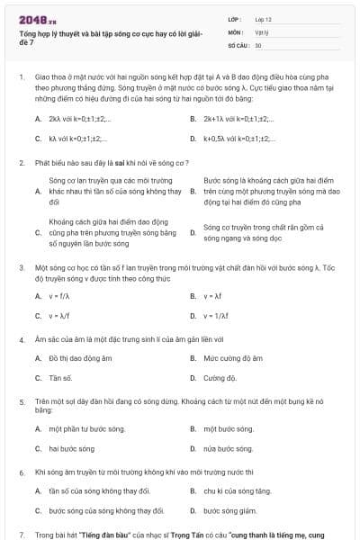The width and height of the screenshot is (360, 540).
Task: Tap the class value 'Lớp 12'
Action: [263, 19]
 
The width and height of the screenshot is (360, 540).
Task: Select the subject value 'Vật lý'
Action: [262, 31]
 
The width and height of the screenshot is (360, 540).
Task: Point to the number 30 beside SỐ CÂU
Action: [258, 44]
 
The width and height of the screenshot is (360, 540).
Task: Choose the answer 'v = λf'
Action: [212, 295]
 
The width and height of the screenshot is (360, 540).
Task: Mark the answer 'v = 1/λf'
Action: [216, 316]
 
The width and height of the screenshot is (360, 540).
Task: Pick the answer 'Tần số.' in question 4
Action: [61, 378]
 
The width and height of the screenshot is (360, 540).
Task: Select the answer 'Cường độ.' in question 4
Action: [220, 378]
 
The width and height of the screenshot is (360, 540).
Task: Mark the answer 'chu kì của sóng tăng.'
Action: [237, 490]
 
